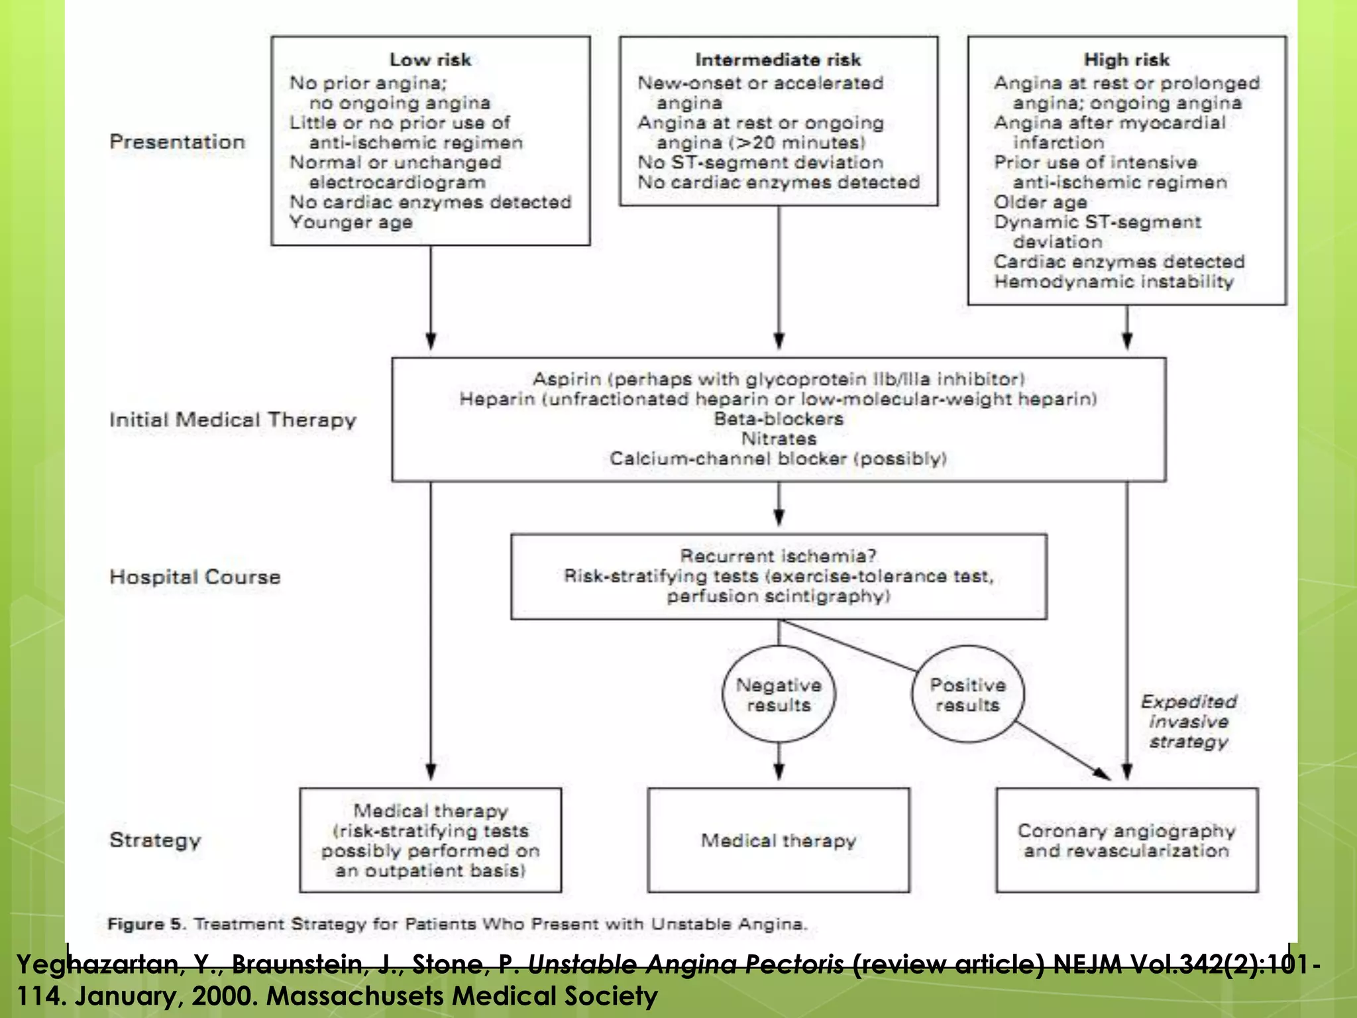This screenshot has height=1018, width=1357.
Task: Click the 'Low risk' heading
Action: pos(430,60)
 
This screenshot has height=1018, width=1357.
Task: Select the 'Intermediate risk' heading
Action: pos(778,60)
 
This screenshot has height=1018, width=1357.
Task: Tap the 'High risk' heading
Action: pos(1126,60)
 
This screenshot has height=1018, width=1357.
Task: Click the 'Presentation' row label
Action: pos(177,142)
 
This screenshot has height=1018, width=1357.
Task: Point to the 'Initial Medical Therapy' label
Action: pos(233,420)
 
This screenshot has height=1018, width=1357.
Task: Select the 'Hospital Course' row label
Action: pos(195,577)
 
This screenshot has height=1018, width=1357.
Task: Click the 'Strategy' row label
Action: pos(155,840)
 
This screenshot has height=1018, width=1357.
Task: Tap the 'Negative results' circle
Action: pos(779,695)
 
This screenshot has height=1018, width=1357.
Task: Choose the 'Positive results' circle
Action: pos(967,695)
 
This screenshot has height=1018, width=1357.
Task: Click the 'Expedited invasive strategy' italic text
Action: pos(1189,721)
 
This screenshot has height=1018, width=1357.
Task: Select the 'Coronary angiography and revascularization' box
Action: pos(1126,840)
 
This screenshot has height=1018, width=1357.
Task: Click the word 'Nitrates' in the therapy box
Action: pos(779,439)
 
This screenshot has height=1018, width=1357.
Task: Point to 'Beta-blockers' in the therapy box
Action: pos(779,419)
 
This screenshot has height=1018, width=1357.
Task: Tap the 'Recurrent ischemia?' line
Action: pos(779,555)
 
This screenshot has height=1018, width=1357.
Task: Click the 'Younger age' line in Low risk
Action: pos(351,222)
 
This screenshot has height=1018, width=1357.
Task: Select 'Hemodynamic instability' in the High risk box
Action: pos(1114,282)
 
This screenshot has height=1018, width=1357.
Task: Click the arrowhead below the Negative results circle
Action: pos(779,772)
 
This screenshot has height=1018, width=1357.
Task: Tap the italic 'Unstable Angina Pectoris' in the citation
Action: pos(686,964)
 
